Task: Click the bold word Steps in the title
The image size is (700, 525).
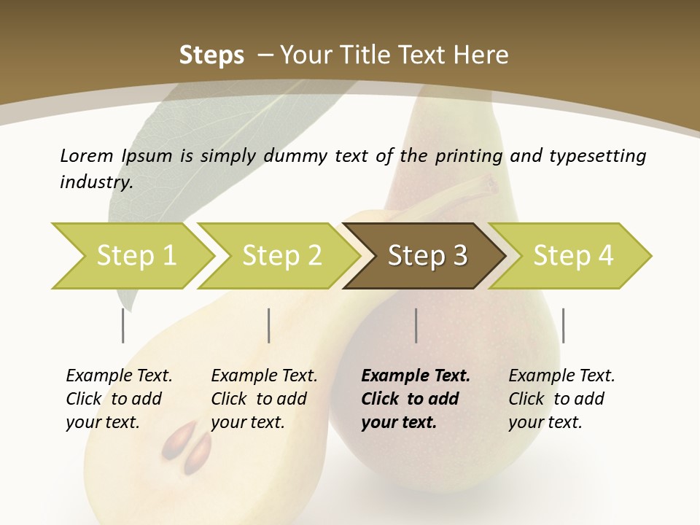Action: pos(211,55)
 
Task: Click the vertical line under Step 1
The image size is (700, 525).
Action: pos(122,325)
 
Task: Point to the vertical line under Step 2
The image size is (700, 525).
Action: pos(269,325)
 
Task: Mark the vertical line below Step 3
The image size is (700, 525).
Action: pos(416,325)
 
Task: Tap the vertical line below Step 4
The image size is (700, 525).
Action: pos(563,325)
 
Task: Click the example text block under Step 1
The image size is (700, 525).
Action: pos(119,399)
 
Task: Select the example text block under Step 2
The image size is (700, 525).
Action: pos(264,399)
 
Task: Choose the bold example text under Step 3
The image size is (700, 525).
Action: pos(416,399)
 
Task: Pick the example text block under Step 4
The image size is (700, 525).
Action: pos(561,399)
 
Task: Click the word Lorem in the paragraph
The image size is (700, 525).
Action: pos(86,155)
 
